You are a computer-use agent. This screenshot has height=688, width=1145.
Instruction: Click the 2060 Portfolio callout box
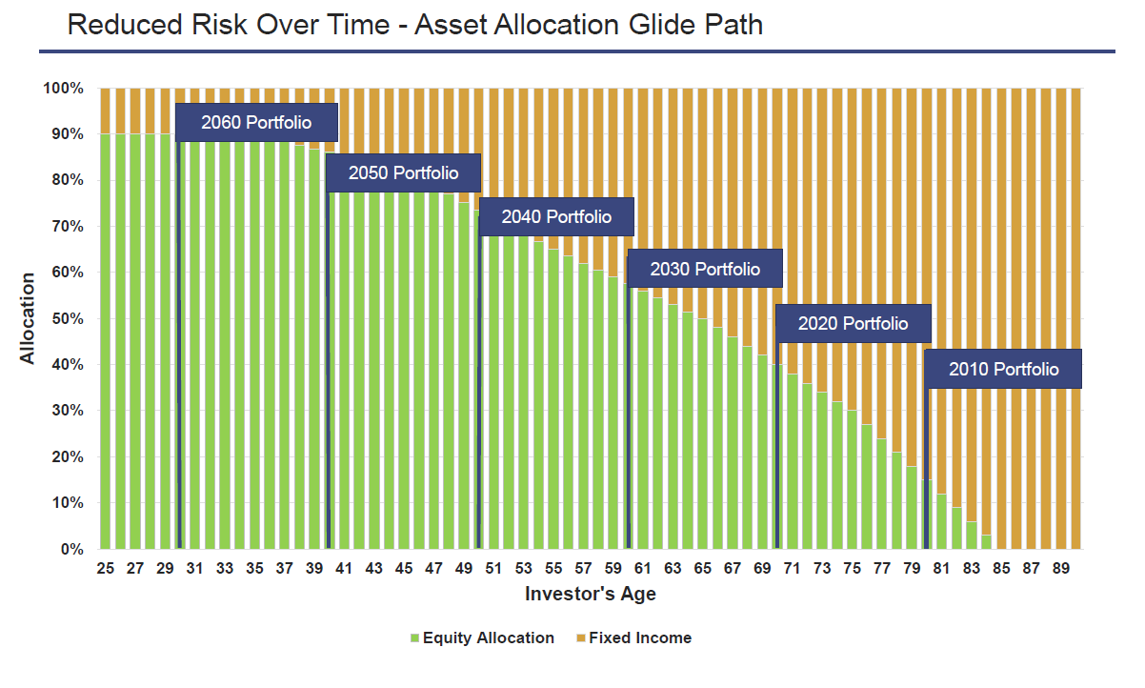pyautogui.click(x=256, y=122)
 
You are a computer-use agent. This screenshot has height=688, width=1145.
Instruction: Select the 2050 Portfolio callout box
pyautogui.click(x=403, y=173)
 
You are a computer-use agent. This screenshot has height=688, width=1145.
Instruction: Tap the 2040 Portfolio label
pyautogui.click(x=556, y=217)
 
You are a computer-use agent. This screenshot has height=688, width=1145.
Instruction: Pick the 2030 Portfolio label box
pyautogui.click(x=705, y=269)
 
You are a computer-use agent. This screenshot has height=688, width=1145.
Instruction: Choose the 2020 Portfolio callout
pyautogui.click(x=853, y=323)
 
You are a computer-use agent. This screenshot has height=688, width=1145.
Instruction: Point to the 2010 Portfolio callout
pyautogui.click(x=1003, y=370)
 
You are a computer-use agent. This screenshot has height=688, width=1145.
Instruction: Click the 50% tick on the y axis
pyautogui.click(x=64, y=318)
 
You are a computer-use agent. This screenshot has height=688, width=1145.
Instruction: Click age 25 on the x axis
pyautogui.click(x=106, y=568)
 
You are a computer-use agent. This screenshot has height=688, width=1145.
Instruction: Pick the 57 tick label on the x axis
pyautogui.click(x=583, y=568)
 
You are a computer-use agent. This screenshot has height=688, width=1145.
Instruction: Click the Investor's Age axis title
pyautogui.click(x=590, y=594)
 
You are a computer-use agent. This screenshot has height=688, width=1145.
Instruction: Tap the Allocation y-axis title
pyautogui.click(x=28, y=318)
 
